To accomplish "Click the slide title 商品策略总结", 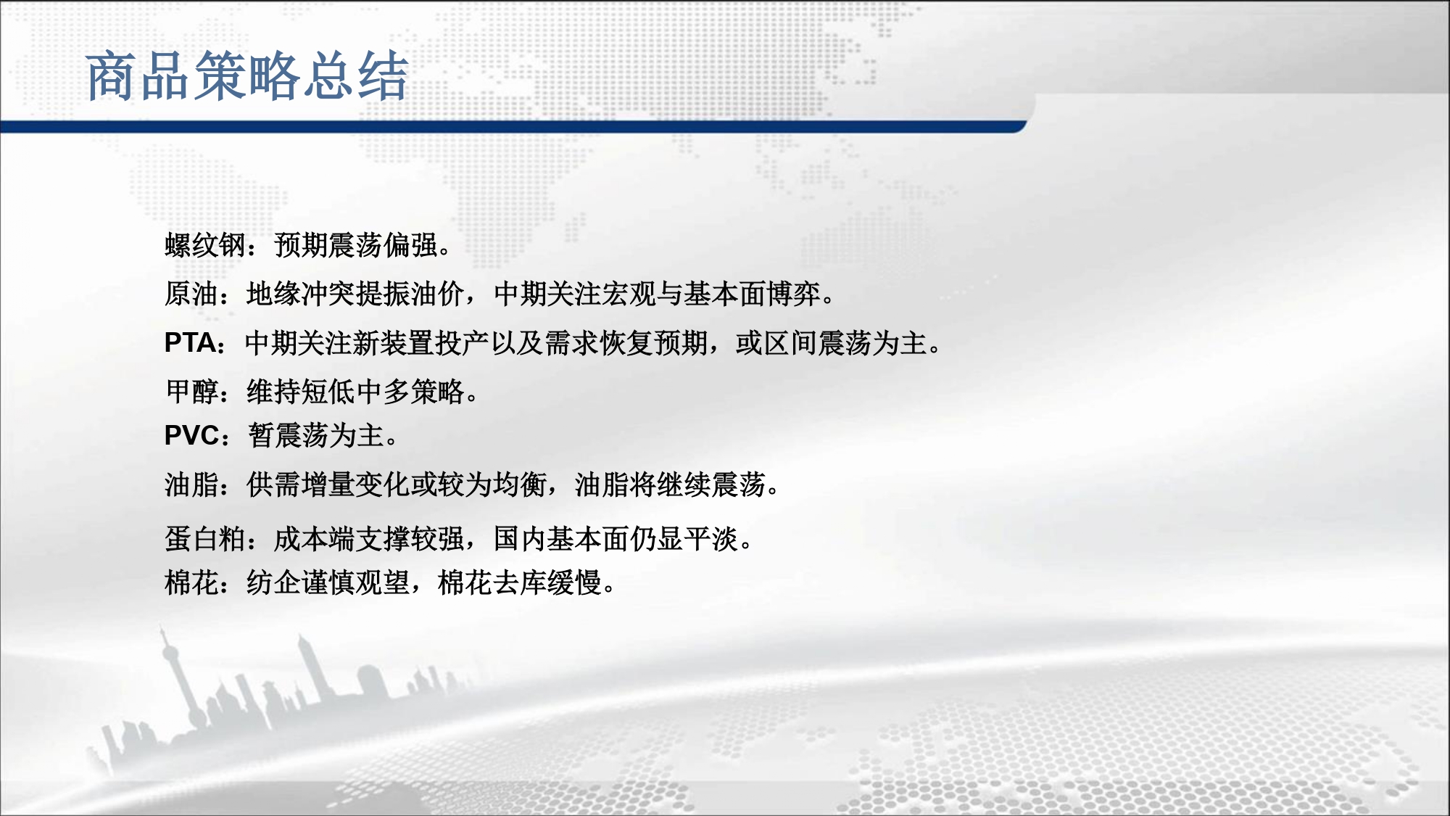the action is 247,76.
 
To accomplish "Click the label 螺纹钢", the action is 205,245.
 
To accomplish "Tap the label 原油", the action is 191,294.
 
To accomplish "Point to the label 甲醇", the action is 191,392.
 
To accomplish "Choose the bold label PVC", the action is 191,435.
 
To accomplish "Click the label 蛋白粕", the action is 205,539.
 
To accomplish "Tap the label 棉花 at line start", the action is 191,582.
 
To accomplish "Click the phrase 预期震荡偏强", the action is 356,245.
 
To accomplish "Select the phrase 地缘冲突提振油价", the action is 355,294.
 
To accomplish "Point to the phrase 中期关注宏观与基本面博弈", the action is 657,294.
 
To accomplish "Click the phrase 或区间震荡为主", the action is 831,342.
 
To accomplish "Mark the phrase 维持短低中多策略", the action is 355,392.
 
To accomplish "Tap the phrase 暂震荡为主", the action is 315,435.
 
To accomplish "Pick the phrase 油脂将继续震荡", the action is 670,484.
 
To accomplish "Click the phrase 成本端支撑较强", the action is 369,539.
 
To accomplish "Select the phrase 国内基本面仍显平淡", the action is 616,539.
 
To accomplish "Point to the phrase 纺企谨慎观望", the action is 328,582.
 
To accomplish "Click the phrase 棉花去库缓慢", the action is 520,582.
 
